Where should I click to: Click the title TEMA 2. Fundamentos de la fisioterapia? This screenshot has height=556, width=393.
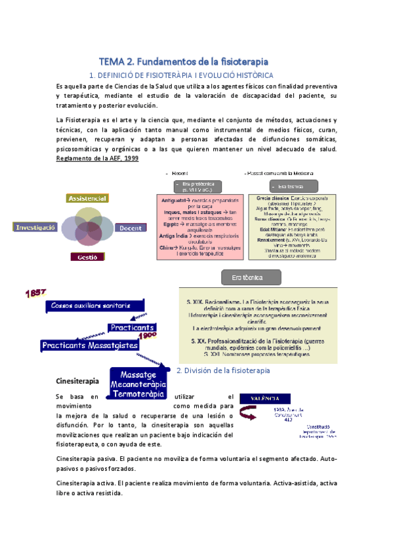(183, 61)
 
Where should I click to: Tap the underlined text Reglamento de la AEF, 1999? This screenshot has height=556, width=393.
(98, 159)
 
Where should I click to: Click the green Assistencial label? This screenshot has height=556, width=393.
(87, 197)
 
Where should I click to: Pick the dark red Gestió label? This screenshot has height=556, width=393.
(87, 257)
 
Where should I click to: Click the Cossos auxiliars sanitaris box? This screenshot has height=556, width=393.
(91, 306)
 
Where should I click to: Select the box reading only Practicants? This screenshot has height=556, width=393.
(132, 327)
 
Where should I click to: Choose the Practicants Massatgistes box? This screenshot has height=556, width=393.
(89, 345)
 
